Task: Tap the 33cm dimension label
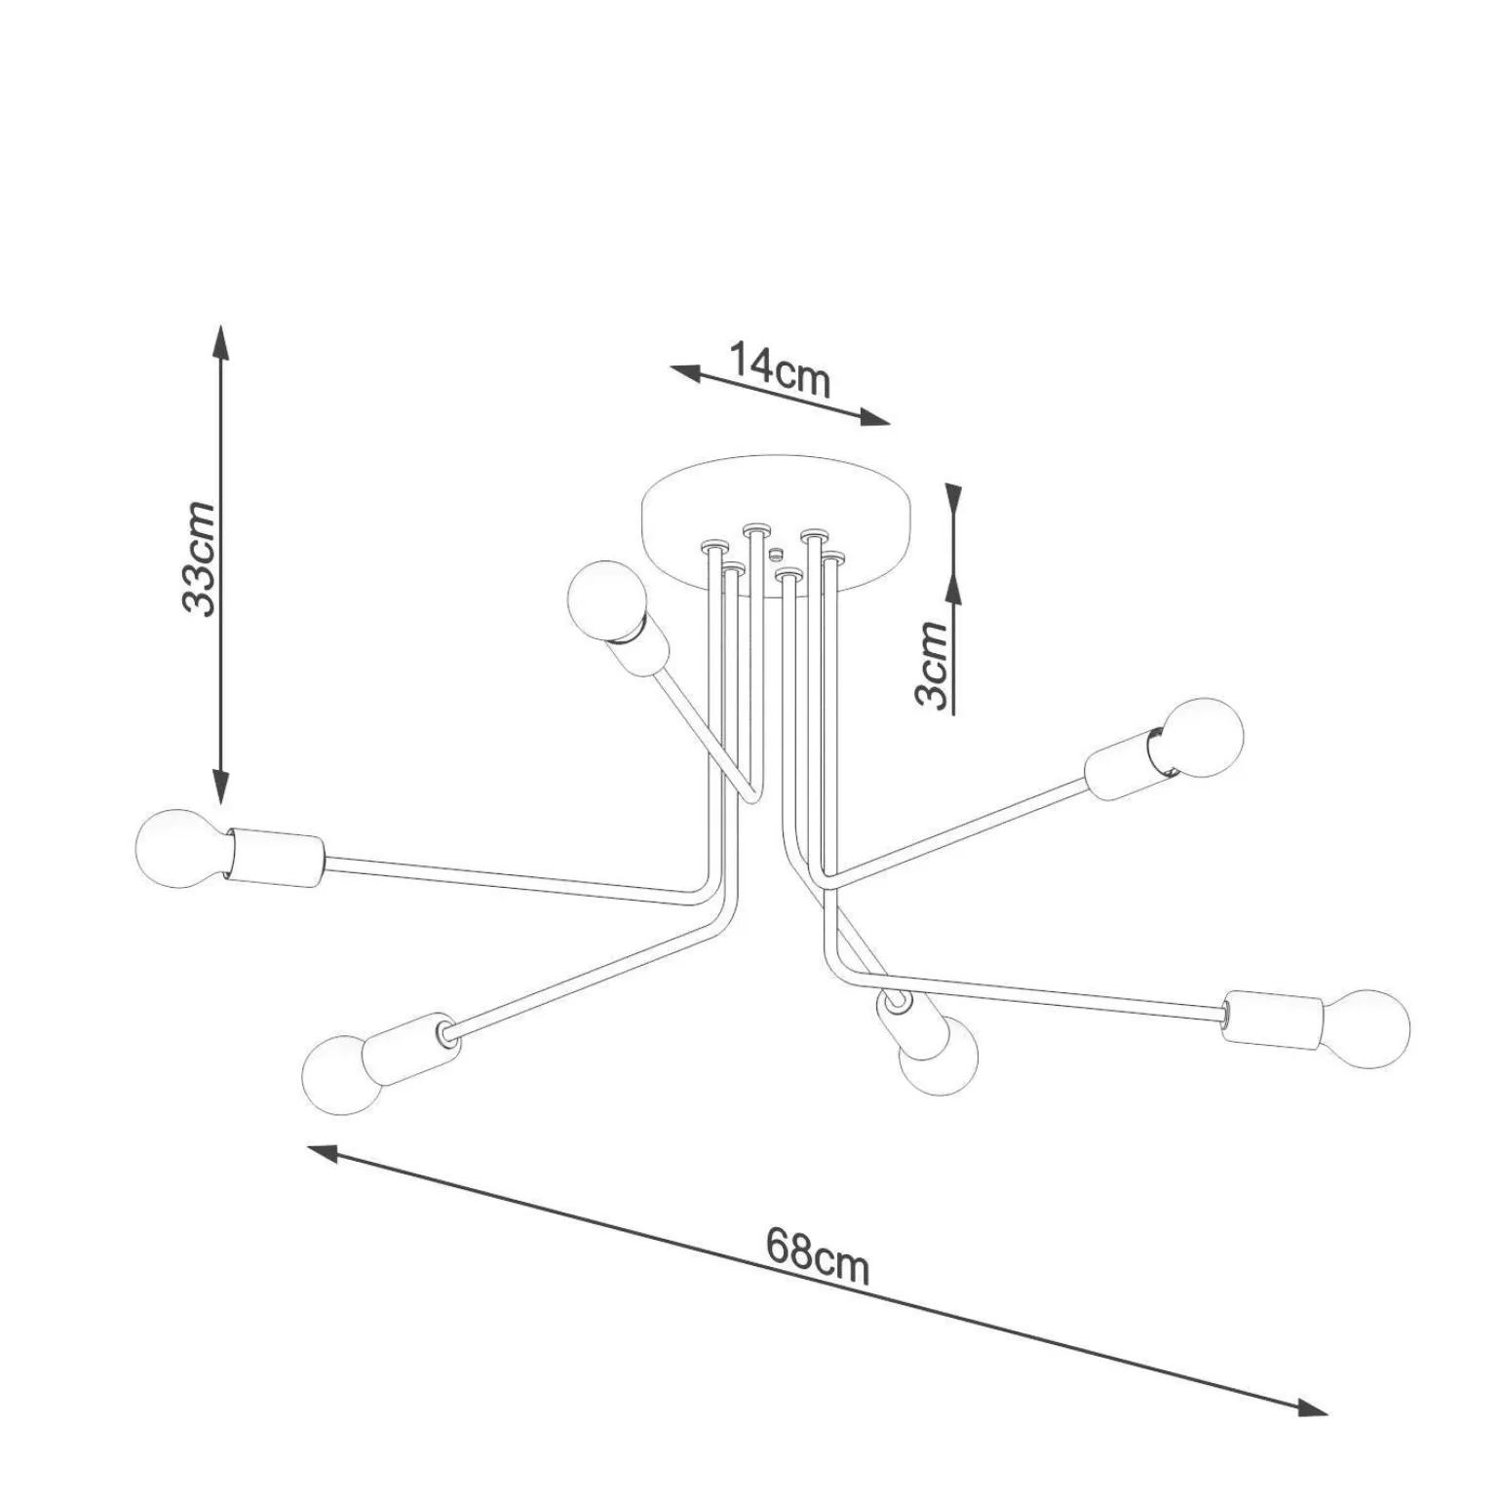pos(199,558)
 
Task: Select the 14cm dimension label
pos(780,369)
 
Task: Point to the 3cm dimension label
pos(932,666)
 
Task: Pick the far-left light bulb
pos(182,846)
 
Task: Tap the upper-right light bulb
pos(1202,738)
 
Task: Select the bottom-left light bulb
pos(342,1073)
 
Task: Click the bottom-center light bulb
pos(939,1063)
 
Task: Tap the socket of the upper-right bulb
pos(1125,767)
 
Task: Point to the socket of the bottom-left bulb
pos(409,1041)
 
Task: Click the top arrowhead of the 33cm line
pos(222,341)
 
